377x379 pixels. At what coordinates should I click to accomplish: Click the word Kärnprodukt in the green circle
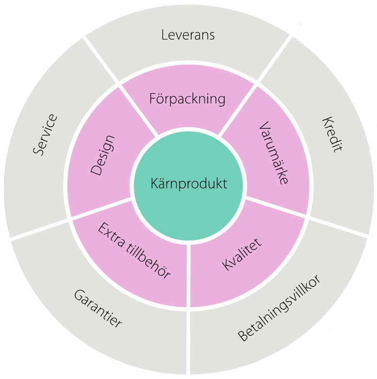tap(188, 184)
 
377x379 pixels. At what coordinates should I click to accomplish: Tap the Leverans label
tap(188, 35)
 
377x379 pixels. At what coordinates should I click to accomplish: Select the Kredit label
tap(332, 134)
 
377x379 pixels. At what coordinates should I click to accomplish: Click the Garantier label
tap(98, 308)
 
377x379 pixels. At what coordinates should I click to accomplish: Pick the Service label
tap(46, 135)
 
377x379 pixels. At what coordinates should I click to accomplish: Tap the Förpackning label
tap(188, 98)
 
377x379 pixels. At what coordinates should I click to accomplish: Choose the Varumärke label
tap(274, 152)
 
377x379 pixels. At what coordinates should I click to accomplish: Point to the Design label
tap(102, 155)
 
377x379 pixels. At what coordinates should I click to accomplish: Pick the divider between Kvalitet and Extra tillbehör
tap(188, 273)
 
